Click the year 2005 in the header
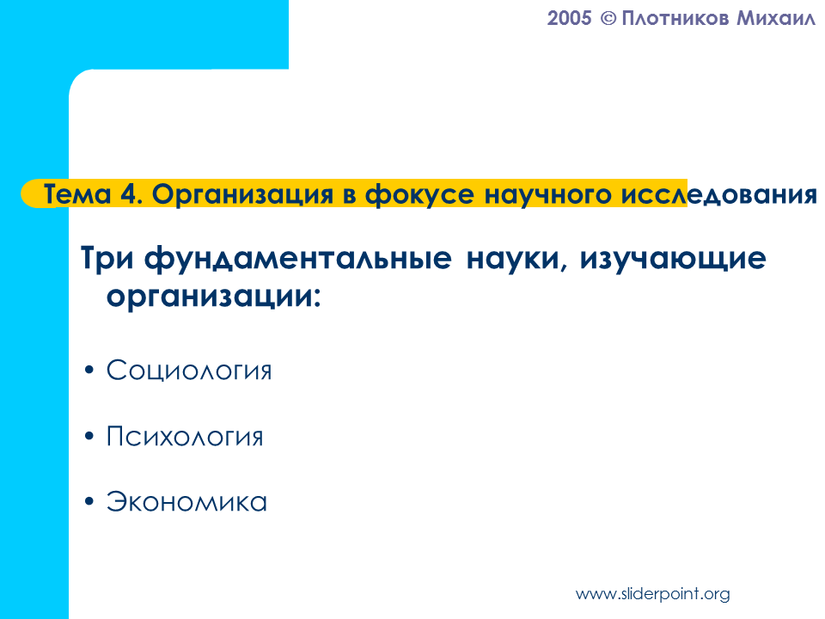(x=569, y=18)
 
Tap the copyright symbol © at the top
(x=608, y=19)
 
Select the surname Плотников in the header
(x=675, y=18)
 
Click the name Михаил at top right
(x=775, y=18)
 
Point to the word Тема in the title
(x=77, y=194)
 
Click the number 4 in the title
(x=130, y=194)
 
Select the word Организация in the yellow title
(x=243, y=195)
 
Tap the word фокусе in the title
(x=419, y=195)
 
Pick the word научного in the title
(x=547, y=195)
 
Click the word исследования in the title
(x=718, y=195)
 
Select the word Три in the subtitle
(x=107, y=259)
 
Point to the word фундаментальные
(x=298, y=259)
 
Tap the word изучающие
(x=673, y=259)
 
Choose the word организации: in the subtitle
(x=214, y=297)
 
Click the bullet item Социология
(x=189, y=370)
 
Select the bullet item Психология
(x=185, y=437)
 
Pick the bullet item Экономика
(x=186, y=501)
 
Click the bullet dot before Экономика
(x=89, y=501)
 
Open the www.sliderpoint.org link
(x=653, y=594)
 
